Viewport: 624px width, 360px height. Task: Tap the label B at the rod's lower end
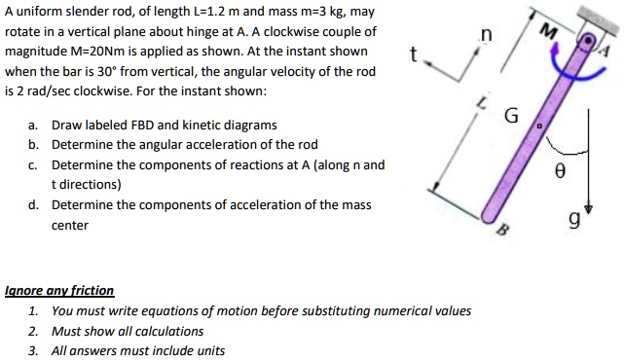point(503,230)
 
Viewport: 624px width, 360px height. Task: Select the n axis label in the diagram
point(485,36)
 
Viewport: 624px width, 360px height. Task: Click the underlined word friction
point(91,291)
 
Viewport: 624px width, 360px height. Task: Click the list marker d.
point(34,205)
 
